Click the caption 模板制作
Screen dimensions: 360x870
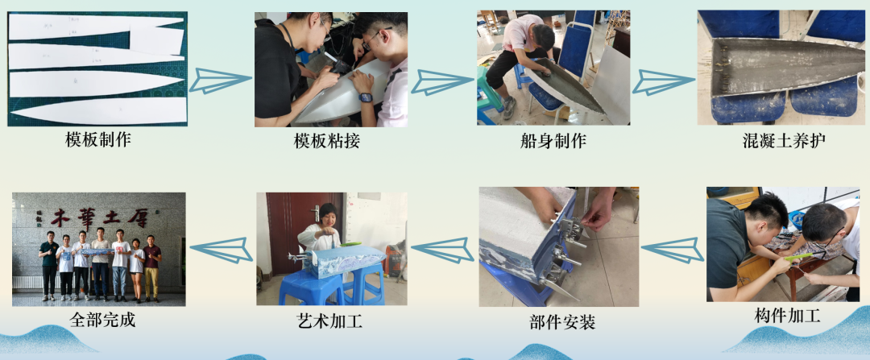click(x=97, y=139)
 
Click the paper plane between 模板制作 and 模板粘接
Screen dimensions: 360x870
click(x=221, y=79)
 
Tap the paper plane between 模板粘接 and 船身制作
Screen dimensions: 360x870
click(x=442, y=81)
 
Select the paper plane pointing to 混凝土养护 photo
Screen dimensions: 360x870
click(x=663, y=81)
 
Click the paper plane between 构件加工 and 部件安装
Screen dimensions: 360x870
click(x=673, y=250)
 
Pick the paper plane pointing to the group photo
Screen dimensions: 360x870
click(x=220, y=250)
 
